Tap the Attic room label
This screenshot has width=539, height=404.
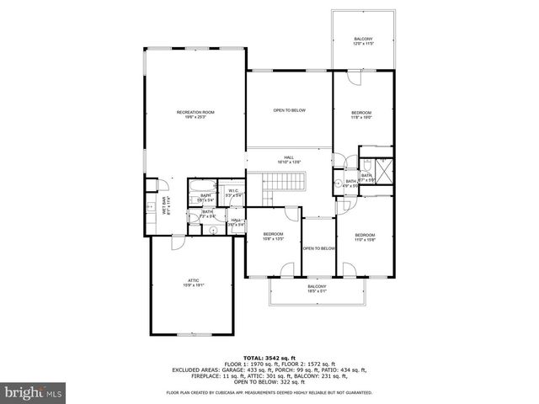[x=193, y=283]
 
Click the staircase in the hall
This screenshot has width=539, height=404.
[x=283, y=182]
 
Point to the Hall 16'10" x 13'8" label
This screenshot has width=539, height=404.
[x=289, y=160]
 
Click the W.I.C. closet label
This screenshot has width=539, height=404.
[x=234, y=193]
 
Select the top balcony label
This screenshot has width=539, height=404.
[x=363, y=41]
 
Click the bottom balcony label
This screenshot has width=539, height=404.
[x=317, y=289]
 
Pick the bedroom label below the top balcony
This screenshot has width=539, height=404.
[x=361, y=115]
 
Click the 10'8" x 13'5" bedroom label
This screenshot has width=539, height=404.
[x=273, y=236]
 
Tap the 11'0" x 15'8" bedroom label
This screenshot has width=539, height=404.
[x=364, y=237]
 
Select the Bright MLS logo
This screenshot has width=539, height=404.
[x=34, y=392]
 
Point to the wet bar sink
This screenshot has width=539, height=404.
[x=151, y=205]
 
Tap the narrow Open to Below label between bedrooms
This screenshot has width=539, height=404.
[x=319, y=248]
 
